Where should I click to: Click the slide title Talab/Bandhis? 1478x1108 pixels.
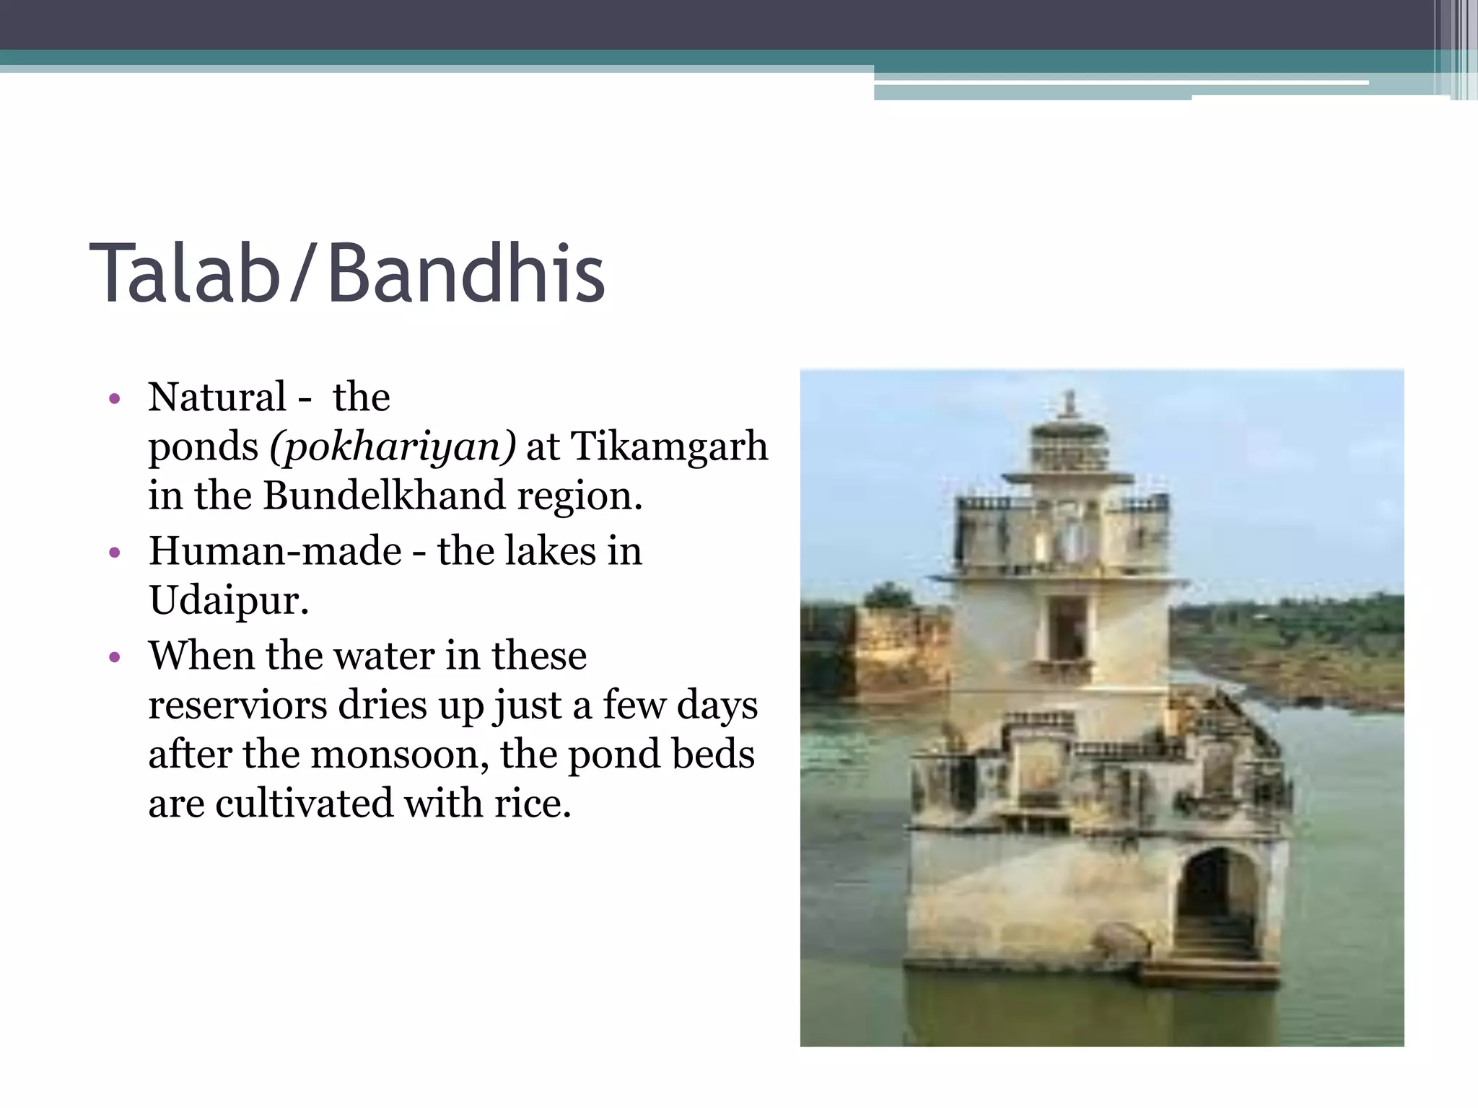(346, 274)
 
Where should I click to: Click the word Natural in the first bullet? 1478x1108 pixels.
(217, 397)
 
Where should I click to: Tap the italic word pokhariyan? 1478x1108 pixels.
(393, 447)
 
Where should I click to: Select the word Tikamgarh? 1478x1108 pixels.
(669, 446)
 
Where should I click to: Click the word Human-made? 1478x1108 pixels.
(275, 551)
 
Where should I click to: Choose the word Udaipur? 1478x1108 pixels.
(228, 600)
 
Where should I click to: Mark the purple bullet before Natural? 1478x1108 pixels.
(114, 399)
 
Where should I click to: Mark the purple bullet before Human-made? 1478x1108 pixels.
(114, 553)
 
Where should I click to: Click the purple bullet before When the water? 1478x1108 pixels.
(114, 657)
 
